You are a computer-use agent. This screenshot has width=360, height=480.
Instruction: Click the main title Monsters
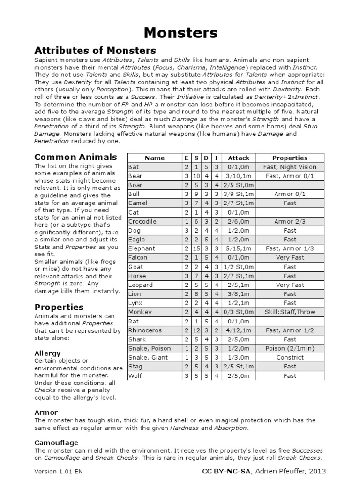180,32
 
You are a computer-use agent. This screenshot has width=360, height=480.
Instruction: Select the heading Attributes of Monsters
95,51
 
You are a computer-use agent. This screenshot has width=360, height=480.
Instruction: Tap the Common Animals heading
75,157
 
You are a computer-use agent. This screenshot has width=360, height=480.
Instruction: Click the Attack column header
239,158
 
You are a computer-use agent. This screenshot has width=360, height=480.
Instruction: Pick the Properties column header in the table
290,158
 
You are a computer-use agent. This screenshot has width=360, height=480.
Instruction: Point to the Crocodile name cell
142,221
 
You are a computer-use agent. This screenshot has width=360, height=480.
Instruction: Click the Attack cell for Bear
239,176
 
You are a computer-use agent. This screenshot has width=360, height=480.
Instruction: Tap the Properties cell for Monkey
290,312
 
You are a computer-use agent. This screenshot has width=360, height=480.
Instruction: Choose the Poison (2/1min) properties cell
290,348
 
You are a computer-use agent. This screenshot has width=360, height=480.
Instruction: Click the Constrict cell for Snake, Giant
290,357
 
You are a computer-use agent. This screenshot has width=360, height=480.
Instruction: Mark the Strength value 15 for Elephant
196,248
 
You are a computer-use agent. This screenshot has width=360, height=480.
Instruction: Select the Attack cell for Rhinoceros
239,330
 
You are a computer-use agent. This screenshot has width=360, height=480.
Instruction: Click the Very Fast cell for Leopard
290,285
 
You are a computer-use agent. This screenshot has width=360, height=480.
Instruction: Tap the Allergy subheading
47,352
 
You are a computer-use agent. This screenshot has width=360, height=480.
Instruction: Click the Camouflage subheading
56,442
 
